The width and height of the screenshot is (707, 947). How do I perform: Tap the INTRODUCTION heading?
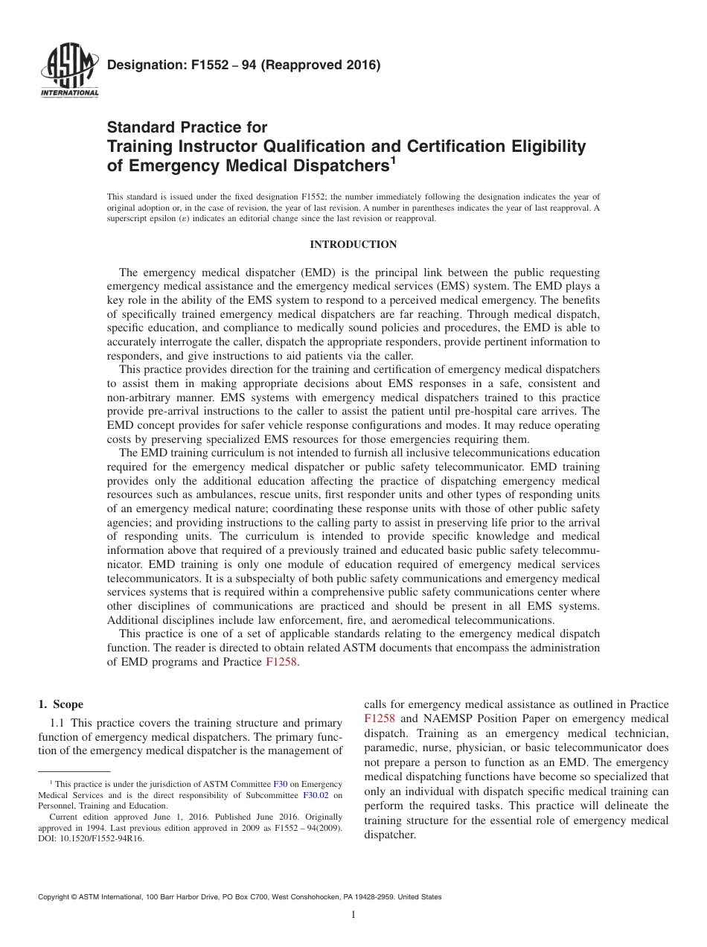353,245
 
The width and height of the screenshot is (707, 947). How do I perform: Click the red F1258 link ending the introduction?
282,662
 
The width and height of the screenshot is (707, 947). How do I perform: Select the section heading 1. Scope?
61,704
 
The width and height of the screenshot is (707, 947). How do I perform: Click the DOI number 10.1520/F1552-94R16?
104,838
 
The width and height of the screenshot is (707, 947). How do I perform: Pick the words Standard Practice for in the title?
187,127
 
